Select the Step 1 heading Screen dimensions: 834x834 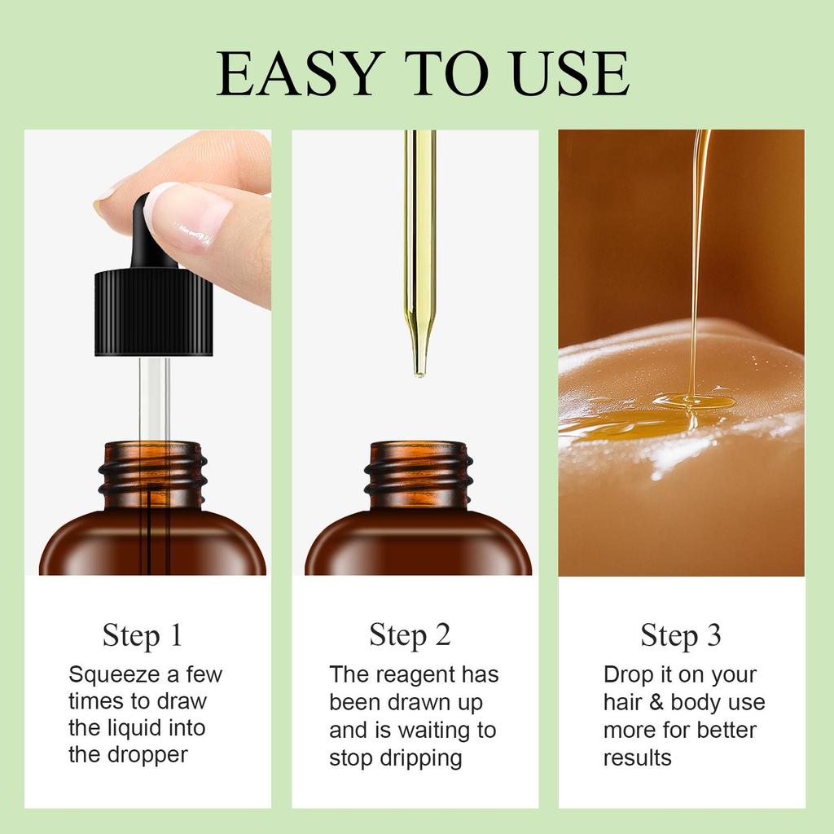pyautogui.click(x=143, y=635)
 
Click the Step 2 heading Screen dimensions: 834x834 pyautogui.click(x=410, y=635)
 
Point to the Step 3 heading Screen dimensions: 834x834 pyautogui.click(x=681, y=635)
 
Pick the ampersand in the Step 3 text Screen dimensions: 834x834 pyautogui.click(x=656, y=702)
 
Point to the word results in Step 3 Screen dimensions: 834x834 pyautogui.click(x=637, y=758)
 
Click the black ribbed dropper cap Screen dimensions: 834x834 pyautogui.click(x=154, y=312)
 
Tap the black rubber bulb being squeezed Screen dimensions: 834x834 pyautogui.click(x=151, y=233)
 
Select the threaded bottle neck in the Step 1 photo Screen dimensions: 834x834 pyautogui.click(x=152, y=475)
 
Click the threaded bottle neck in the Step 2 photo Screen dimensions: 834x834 pyautogui.click(x=418, y=475)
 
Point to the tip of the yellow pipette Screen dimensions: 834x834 pyautogui.click(x=419, y=374)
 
